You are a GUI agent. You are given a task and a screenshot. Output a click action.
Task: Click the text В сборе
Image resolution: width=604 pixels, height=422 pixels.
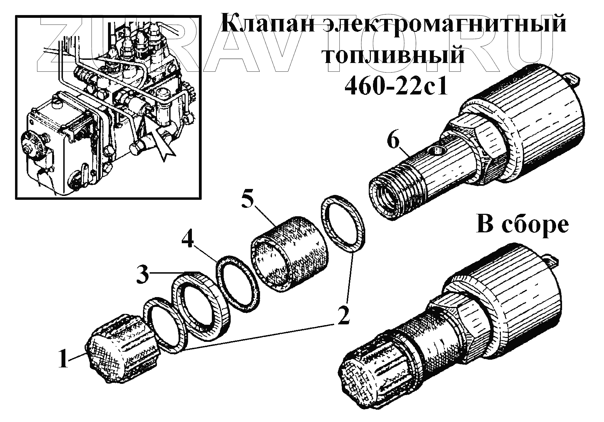[x=523, y=225]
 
